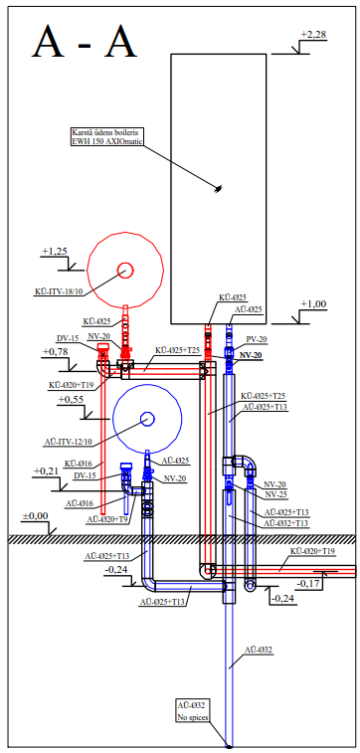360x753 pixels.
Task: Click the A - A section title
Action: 85,42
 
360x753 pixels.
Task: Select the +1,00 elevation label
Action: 313,304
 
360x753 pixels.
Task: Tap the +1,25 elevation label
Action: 55,251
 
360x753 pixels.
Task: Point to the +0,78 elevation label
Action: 56,352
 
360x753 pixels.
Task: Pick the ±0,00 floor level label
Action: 35,516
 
